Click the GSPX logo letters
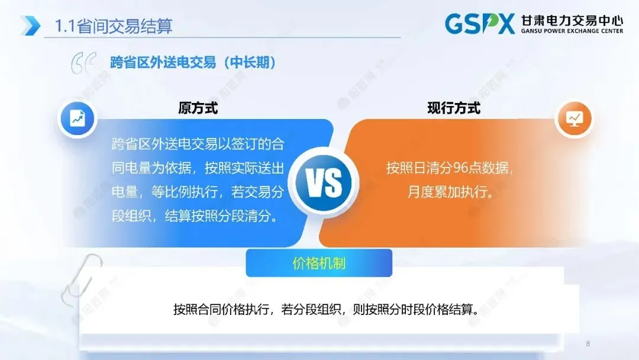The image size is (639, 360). [x=480, y=24]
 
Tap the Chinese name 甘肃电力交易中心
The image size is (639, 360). [x=572, y=20]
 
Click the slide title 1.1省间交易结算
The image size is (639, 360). [x=113, y=26]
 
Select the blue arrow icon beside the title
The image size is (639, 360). [x=30, y=25]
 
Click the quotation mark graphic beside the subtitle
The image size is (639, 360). [x=83, y=64]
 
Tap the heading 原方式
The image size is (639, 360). [x=198, y=108]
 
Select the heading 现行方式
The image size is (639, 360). [x=454, y=108]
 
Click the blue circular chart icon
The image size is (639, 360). [x=77, y=118]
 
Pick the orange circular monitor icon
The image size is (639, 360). [x=574, y=118]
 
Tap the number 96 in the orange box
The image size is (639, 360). [x=461, y=168]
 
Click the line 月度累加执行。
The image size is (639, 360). [x=450, y=192]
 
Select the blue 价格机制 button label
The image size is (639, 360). [x=319, y=263]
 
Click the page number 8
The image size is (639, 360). [x=588, y=344]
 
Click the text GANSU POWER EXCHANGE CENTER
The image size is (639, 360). [x=572, y=31]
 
